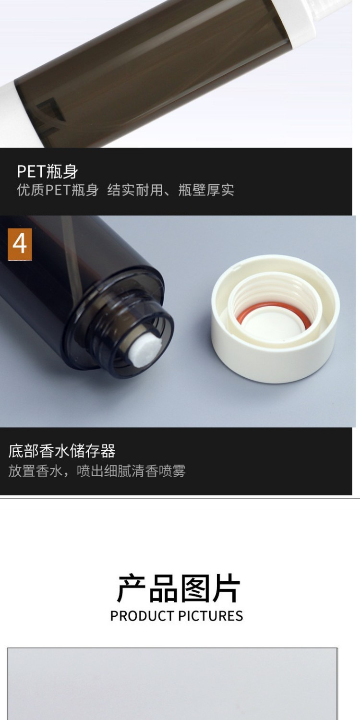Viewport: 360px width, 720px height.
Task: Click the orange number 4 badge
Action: click(x=20, y=244)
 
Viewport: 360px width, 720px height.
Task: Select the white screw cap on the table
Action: click(x=275, y=318)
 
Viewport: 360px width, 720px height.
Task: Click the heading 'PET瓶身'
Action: click(x=48, y=171)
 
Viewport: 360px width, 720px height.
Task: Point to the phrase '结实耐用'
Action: click(x=135, y=190)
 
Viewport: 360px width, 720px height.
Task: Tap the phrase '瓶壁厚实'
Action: click(x=206, y=190)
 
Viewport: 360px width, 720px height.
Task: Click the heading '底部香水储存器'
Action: click(x=62, y=451)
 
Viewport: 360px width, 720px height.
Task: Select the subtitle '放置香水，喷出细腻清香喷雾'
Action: click(x=97, y=471)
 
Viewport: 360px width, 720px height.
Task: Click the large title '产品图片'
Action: click(x=178, y=588)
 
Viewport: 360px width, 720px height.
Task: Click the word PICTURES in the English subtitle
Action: click(x=211, y=616)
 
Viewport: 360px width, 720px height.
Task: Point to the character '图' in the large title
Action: click(x=194, y=588)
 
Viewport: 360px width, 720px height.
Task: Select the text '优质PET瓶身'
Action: click(x=58, y=190)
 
